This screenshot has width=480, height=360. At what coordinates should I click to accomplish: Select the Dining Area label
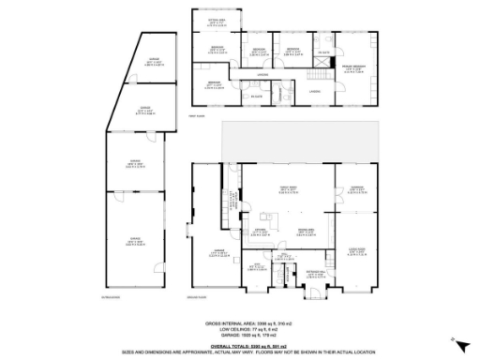(x=306, y=231)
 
